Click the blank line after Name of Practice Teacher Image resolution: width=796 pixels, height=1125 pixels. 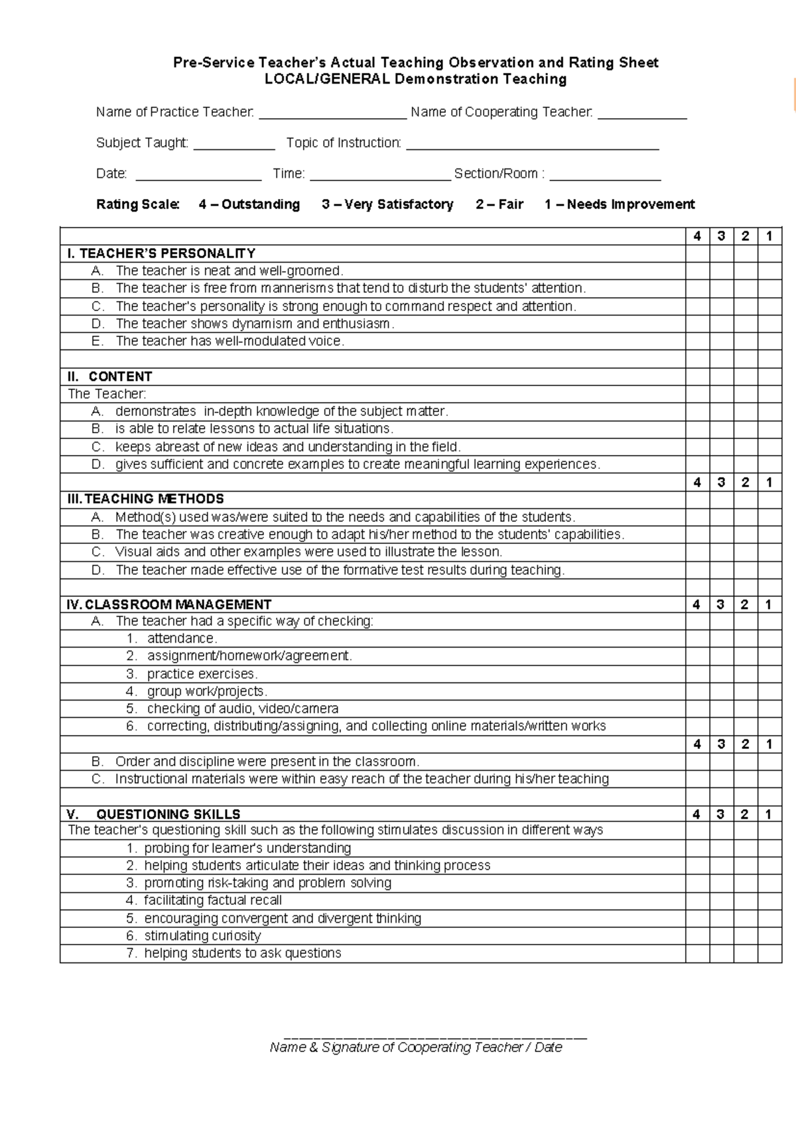(332, 114)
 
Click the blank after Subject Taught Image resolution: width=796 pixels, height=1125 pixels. (234, 145)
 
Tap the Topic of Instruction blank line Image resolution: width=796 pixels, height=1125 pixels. (532, 145)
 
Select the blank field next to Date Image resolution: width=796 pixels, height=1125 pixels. (198, 175)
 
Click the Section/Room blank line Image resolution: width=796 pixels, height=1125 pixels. (605, 175)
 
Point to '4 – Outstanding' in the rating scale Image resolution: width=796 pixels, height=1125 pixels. (249, 204)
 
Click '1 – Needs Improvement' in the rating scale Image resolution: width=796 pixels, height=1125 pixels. (620, 204)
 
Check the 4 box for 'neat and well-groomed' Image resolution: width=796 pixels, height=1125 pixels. (697, 271)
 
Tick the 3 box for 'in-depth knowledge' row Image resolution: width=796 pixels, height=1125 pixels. (721, 411)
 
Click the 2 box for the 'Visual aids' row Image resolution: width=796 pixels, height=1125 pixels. (746, 552)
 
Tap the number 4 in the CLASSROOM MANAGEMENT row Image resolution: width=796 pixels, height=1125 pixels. (696, 604)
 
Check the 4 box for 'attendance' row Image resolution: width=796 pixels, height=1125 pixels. (697, 638)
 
